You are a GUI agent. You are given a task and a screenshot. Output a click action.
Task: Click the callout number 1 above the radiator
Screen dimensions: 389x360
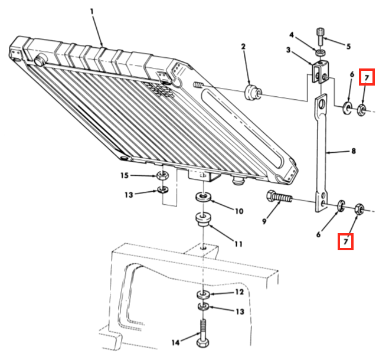coord(92,11)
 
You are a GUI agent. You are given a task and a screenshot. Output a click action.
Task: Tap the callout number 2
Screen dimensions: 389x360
coord(243,47)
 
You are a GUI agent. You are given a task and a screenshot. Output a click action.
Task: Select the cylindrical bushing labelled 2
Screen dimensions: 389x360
coord(253,92)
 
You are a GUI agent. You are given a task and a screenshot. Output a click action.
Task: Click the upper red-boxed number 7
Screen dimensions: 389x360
coord(367,77)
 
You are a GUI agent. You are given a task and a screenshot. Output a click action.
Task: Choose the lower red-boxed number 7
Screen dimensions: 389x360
coord(345,241)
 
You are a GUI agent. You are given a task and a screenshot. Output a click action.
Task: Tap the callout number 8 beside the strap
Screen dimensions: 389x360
coord(354,151)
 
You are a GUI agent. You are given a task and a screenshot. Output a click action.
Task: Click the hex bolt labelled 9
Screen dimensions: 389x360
coord(279,197)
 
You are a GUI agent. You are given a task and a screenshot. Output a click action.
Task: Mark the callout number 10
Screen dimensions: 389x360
coord(239,211)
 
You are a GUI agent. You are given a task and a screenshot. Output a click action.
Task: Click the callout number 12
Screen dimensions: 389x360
coord(240,292)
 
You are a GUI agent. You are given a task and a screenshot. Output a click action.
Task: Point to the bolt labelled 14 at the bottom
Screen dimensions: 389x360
coord(203,333)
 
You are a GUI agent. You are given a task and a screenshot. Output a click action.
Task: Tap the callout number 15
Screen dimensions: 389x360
coord(125,176)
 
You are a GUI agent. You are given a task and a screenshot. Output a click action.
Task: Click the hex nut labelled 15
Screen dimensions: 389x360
coord(162,176)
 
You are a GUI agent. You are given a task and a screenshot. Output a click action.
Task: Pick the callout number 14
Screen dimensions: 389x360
coord(175,343)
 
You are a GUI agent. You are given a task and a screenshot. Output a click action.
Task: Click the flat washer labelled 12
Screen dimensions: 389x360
coord(204,294)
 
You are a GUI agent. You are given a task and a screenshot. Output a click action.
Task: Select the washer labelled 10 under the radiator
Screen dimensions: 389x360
coord(203,197)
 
